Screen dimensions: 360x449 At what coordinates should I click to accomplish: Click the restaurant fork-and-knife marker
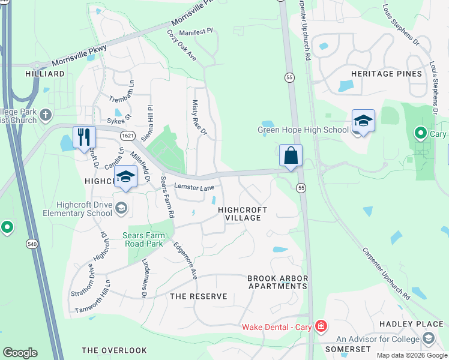coord(84,137)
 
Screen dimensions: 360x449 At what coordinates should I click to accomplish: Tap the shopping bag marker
coord(291,156)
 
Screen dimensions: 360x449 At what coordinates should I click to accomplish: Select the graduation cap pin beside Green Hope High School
coord(363,121)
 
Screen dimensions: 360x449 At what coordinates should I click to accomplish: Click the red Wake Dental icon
coord(322,327)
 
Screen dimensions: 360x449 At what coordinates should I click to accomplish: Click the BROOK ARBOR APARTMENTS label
coord(277,283)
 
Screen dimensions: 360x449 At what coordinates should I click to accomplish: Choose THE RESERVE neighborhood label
coord(199,296)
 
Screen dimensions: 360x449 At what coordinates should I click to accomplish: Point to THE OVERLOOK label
coord(114,350)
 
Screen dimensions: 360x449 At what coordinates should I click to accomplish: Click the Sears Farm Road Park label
coord(144,239)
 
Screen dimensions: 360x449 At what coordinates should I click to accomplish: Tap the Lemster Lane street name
coord(194,187)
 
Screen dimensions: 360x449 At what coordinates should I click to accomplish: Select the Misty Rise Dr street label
coord(199,118)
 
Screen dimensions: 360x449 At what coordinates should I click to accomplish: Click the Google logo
coord(20,353)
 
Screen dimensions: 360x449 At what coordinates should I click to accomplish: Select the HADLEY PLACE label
coord(411,324)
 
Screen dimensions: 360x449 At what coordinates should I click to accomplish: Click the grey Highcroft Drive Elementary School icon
coord(121,208)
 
